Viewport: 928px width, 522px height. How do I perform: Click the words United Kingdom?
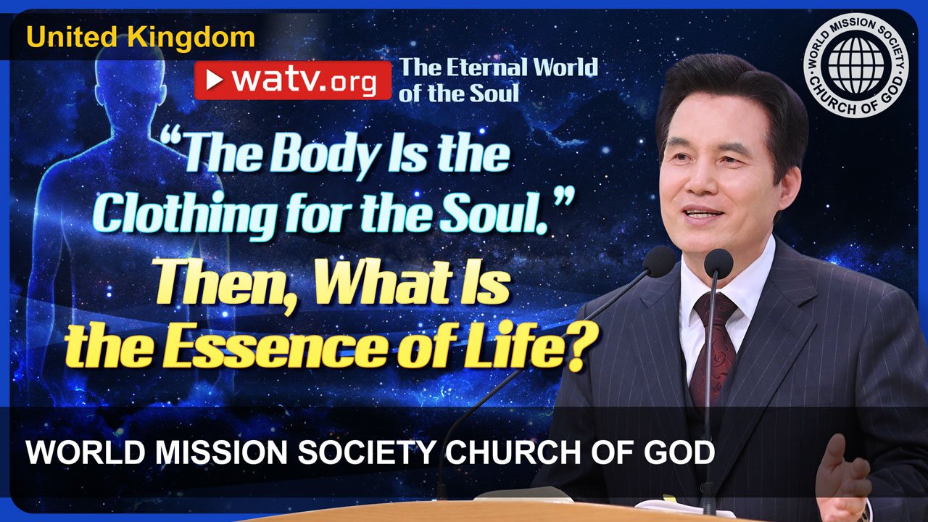point(141,38)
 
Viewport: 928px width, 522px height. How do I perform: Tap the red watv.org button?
point(292,80)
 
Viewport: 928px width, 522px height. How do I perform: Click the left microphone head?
point(659,262)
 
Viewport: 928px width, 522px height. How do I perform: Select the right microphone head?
point(718,263)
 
